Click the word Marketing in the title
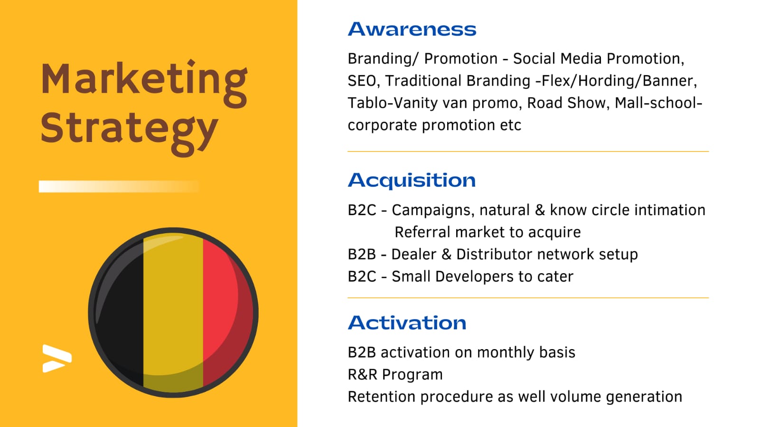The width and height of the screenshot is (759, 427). click(x=144, y=84)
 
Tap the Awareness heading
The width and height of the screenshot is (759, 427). click(x=412, y=29)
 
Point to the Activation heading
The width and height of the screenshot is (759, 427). click(x=407, y=323)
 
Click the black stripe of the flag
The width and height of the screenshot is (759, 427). click(x=120, y=312)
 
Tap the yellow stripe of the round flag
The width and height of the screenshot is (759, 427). click(x=173, y=312)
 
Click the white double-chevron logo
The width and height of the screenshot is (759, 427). click(x=57, y=359)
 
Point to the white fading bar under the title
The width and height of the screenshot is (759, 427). click(x=119, y=187)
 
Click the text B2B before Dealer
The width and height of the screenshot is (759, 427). click(x=362, y=255)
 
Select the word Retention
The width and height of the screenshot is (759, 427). click(x=382, y=397)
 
